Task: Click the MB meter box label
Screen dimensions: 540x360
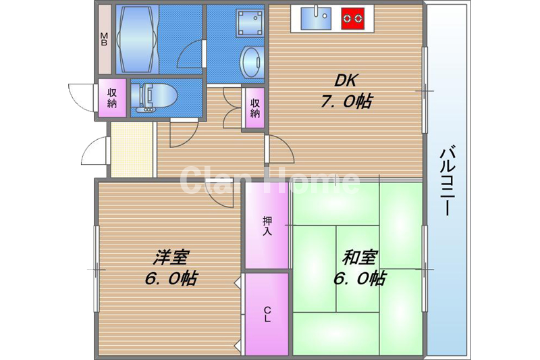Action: point(104,39)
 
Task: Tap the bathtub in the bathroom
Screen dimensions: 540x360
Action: point(137,38)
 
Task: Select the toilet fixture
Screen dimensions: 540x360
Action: point(154,97)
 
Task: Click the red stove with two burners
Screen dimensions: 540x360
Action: point(352,18)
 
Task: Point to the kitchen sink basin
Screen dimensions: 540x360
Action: point(316,18)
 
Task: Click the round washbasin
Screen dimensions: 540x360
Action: point(251,62)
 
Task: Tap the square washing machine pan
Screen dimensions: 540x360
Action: point(249,23)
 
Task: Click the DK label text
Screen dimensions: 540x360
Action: point(346,80)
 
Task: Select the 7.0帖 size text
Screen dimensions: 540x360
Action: point(346,101)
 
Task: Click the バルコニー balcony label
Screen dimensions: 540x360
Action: point(448,181)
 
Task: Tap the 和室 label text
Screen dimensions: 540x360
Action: point(360,257)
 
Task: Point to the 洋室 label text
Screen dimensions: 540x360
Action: point(171,257)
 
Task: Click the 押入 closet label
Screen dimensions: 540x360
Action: point(267,226)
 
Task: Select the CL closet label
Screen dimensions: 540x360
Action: point(267,314)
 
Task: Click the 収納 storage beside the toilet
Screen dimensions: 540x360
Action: point(112,98)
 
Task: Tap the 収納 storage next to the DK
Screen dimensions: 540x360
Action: point(255,108)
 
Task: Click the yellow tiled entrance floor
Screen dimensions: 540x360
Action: point(132,149)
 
